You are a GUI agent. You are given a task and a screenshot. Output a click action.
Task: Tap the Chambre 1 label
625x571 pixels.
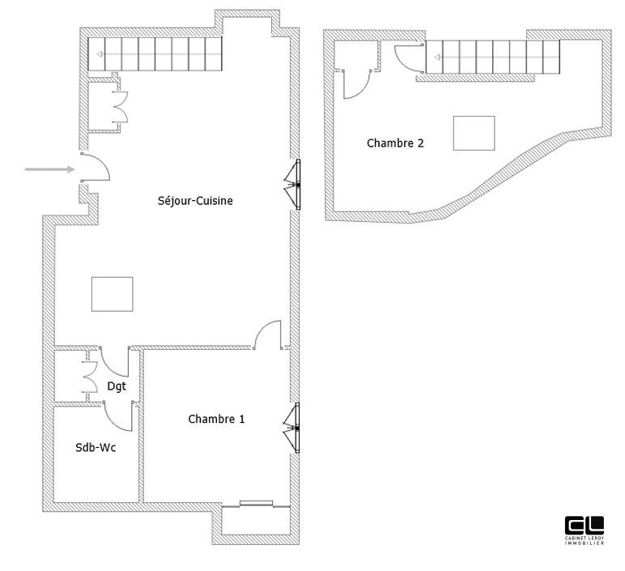pyautogui.click(x=216, y=419)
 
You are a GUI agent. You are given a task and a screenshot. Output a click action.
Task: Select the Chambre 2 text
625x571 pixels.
pyautogui.click(x=395, y=143)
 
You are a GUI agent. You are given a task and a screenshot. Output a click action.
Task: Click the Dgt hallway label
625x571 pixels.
pyautogui.click(x=117, y=386)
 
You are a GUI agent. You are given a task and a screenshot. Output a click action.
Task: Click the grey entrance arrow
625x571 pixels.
pyautogui.click(x=49, y=169)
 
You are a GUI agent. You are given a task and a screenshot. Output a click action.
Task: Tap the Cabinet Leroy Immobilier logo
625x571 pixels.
pyautogui.click(x=584, y=530)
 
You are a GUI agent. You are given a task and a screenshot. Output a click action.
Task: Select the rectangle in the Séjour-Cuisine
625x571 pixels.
pyautogui.click(x=113, y=293)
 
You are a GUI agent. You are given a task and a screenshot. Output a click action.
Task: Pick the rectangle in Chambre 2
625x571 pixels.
pyautogui.click(x=474, y=133)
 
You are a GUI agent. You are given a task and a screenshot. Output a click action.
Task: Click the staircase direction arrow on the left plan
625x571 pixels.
pyautogui.click(x=99, y=55)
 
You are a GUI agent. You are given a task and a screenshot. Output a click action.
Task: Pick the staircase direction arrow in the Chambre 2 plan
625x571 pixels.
pyautogui.click(x=437, y=57)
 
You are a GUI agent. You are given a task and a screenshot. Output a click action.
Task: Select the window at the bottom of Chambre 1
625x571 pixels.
pyautogui.click(x=256, y=504)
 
